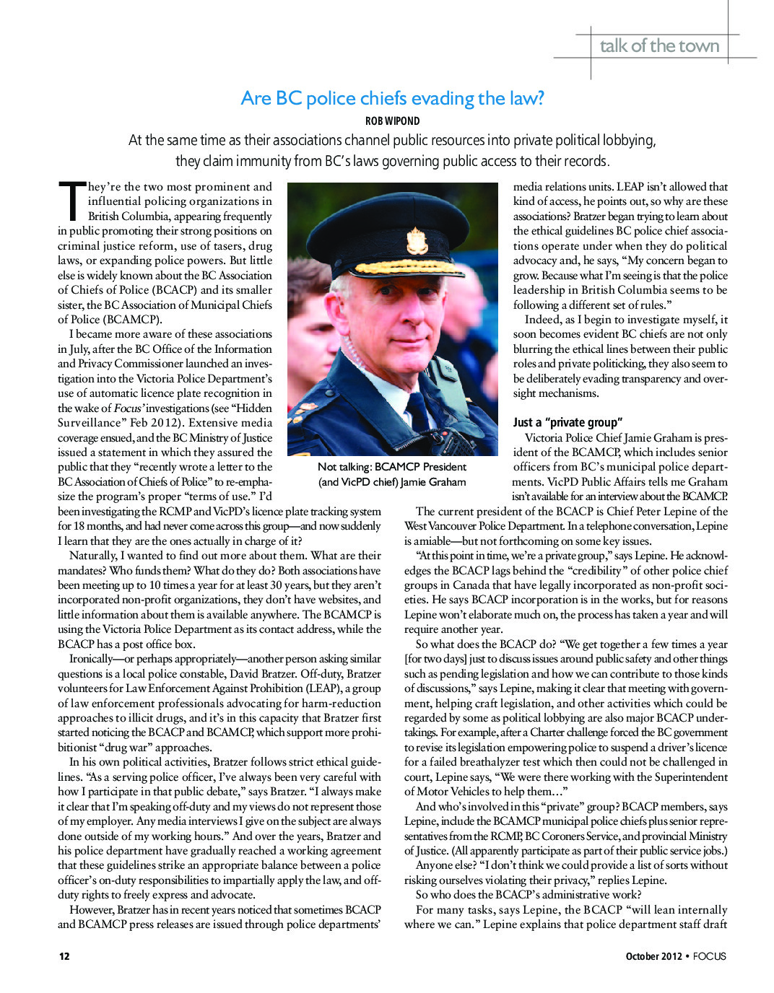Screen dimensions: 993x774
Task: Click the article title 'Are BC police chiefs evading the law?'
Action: (x=392, y=98)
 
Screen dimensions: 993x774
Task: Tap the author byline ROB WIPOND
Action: (x=392, y=121)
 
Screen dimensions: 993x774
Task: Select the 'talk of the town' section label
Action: (x=659, y=46)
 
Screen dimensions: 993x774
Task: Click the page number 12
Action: (x=64, y=956)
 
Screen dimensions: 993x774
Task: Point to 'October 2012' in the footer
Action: (x=653, y=956)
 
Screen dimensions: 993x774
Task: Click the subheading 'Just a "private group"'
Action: (x=568, y=422)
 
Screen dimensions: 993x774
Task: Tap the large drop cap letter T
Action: (x=71, y=200)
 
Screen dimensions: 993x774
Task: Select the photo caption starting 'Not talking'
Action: (x=392, y=474)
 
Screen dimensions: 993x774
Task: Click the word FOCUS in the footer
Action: (x=709, y=956)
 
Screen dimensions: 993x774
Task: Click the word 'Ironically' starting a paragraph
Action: (x=91, y=659)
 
